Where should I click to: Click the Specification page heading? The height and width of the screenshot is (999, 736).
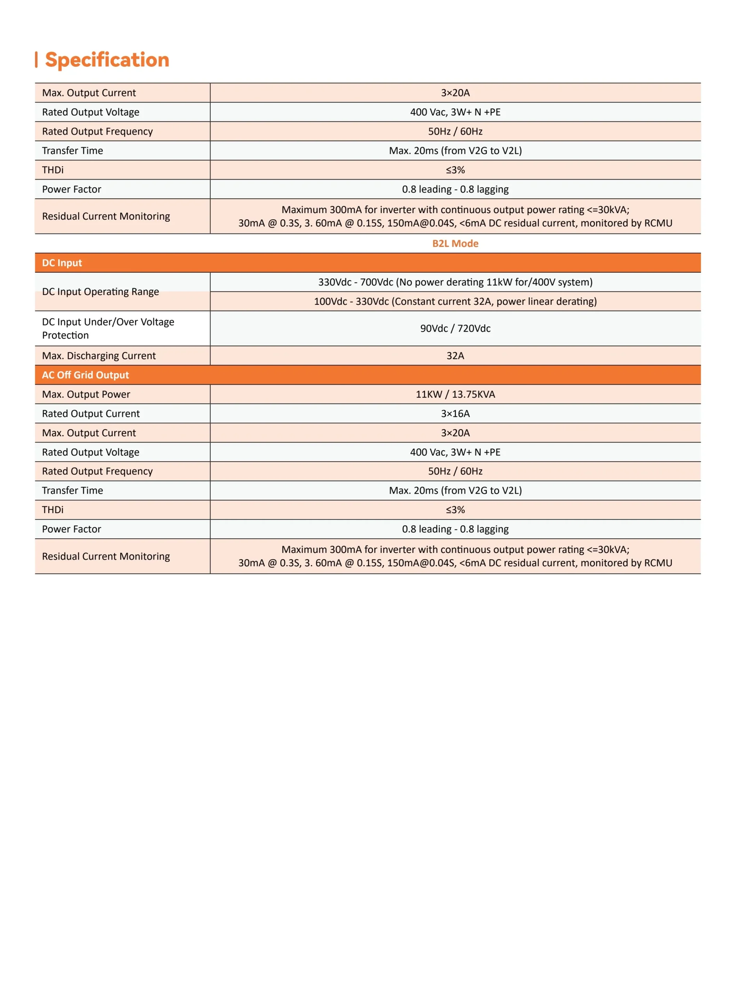pyautogui.click(x=107, y=60)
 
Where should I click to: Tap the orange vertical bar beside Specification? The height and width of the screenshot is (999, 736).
pyautogui.click(x=36, y=60)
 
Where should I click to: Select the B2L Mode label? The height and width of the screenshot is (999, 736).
pyautogui.click(x=455, y=244)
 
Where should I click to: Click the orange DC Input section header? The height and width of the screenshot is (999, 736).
pyautogui.click(x=62, y=263)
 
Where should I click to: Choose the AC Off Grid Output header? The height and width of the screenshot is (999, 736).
pyautogui.click(x=85, y=375)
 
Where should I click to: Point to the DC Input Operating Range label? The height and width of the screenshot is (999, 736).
pyautogui.click(x=100, y=292)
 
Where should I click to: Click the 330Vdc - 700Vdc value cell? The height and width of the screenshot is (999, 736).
pyautogui.click(x=455, y=282)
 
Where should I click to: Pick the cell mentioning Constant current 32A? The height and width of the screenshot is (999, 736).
pyautogui.click(x=455, y=302)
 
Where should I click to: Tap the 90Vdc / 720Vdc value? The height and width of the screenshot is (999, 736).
pyautogui.click(x=455, y=328)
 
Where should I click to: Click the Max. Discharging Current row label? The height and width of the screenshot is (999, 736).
pyautogui.click(x=98, y=356)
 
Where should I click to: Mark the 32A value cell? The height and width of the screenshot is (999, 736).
pyautogui.click(x=455, y=356)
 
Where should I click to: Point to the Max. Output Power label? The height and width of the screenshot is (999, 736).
pyautogui.click(x=86, y=394)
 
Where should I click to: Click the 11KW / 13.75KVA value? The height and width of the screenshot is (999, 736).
pyautogui.click(x=455, y=394)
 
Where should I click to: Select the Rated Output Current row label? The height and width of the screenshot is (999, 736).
pyautogui.click(x=91, y=414)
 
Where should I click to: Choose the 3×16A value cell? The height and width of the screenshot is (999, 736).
pyautogui.click(x=455, y=414)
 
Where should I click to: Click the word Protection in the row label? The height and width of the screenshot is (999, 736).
pyautogui.click(x=65, y=335)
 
